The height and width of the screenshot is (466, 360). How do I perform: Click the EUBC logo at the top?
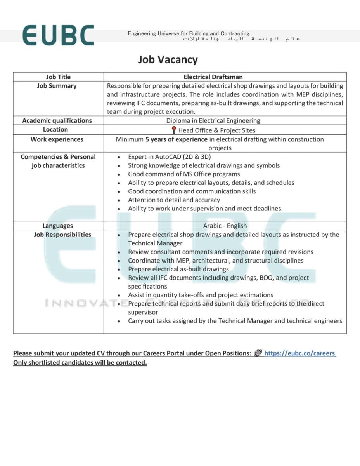(58, 35)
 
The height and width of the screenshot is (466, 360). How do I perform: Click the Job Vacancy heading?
(168, 60)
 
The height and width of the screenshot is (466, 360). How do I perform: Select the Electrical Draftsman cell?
(213, 77)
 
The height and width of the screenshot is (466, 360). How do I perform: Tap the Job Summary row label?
(57, 86)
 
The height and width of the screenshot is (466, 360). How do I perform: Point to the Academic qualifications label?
(57, 120)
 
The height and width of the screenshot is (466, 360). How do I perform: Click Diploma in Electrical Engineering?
(213, 121)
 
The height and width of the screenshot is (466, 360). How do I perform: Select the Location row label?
(55, 130)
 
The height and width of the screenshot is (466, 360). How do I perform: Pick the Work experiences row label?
(57, 139)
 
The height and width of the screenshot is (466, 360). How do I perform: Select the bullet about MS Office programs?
(184, 174)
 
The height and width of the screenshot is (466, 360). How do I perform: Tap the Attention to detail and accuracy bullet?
(174, 200)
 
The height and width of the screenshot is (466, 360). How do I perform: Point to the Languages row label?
(57, 226)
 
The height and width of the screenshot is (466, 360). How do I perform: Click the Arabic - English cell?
(225, 226)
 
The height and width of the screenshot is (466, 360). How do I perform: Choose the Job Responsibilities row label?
(62, 235)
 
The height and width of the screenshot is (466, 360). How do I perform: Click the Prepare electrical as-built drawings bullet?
(178, 269)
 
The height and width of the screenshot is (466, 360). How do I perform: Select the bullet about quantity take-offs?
(201, 295)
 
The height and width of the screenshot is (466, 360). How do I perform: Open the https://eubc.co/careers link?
(299, 353)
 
